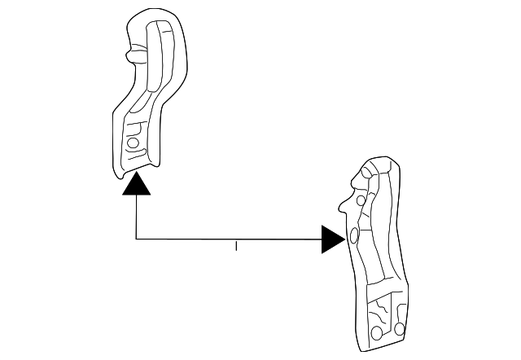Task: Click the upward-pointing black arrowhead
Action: (136, 187)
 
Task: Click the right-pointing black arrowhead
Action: (332, 239)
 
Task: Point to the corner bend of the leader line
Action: (136, 239)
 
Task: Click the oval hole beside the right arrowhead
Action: (354, 237)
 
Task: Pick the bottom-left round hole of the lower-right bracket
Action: (377, 333)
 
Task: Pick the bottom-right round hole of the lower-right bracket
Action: (399, 328)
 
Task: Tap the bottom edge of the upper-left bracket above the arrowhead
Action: (135, 169)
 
